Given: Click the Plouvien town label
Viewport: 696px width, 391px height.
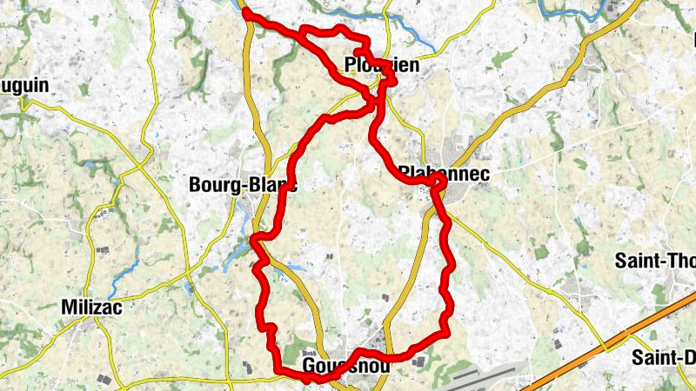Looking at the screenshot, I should (x=381, y=66).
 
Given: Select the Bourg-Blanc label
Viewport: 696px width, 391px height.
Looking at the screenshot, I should (x=243, y=185).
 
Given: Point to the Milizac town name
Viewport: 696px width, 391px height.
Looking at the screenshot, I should (x=91, y=306).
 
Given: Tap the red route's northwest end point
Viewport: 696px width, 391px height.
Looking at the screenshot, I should (x=247, y=13).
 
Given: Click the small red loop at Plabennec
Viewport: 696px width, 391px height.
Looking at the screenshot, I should (x=437, y=183).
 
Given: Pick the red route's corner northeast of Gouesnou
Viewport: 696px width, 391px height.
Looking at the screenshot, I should (x=445, y=331).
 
